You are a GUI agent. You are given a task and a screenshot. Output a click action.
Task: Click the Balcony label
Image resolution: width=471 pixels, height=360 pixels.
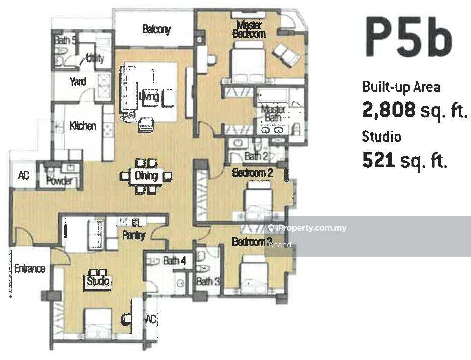point(156,29)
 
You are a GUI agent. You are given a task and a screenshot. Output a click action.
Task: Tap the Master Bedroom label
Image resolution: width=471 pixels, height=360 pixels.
point(249,29)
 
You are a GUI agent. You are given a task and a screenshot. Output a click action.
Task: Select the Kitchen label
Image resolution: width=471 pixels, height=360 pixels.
point(83,126)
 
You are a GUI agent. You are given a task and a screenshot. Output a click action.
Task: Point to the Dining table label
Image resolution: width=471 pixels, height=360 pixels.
point(146,176)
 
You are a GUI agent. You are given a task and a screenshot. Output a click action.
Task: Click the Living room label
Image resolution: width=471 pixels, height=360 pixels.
point(149,97)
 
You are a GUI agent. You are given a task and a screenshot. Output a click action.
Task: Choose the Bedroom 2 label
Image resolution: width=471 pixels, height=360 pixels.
point(253,173)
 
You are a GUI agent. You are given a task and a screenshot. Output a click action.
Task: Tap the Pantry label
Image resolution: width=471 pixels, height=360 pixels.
point(134,235)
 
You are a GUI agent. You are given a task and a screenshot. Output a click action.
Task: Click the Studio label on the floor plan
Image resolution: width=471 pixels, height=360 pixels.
point(98,282)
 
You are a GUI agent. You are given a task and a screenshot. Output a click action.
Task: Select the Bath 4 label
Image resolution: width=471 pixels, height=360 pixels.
point(175,260)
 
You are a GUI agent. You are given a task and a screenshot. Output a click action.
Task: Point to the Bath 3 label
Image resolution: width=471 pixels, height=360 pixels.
point(208,282)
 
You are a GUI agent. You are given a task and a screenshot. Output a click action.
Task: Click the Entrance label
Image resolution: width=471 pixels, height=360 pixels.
point(30,268)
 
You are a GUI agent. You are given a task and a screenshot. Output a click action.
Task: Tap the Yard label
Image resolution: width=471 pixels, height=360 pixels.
point(78,81)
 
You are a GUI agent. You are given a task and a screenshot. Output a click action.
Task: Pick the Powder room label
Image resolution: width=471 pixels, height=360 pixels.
point(60,181)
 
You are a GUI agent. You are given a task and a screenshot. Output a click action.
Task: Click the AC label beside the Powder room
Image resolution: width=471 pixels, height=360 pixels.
point(24,175)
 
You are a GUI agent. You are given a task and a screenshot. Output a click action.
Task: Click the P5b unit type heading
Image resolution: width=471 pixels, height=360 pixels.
point(409,36)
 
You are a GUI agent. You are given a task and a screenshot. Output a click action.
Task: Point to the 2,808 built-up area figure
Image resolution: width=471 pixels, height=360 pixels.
point(389,109)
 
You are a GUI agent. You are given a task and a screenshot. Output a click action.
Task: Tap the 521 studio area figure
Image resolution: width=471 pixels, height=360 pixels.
point(378,160)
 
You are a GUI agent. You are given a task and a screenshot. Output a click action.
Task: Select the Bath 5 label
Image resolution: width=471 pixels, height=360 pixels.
point(66,40)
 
